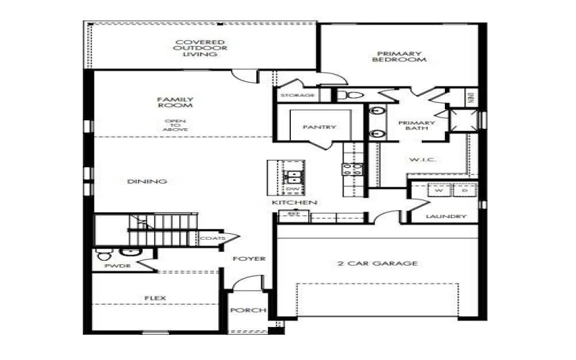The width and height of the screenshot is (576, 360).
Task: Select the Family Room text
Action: tap(176, 103)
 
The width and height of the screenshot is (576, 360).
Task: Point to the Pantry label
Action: tap(320, 127)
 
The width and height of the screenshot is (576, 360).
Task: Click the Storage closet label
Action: tap(297, 95)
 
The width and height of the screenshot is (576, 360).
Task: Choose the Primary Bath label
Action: tap(413, 127)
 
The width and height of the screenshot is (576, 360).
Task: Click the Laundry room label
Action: tap(446, 217)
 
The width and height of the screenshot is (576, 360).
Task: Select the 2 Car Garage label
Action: tap(377, 264)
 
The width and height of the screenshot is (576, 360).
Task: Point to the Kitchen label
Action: tap(294, 204)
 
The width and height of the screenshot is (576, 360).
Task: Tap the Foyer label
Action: tap(249, 258)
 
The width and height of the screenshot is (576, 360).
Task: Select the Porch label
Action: tap(248, 311)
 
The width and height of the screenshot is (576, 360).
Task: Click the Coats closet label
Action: tap(212, 238)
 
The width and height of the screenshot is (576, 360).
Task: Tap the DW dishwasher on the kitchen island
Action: tap(293, 189)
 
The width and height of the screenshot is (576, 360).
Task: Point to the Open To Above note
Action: tap(175, 125)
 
